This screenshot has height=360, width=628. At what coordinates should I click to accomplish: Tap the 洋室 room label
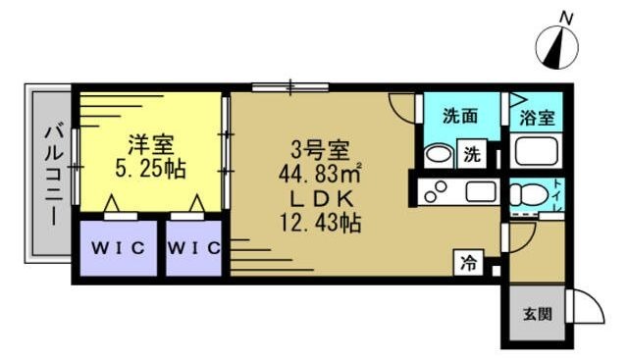[x=149, y=142]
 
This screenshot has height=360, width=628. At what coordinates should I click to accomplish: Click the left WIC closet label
[x=119, y=248]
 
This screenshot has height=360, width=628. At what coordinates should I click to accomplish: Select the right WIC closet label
[x=193, y=248]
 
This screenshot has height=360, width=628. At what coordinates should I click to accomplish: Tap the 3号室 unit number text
[x=320, y=150]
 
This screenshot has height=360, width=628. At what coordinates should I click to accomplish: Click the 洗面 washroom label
[x=460, y=115]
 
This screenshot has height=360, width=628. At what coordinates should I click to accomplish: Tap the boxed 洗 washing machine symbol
[x=473, y=153]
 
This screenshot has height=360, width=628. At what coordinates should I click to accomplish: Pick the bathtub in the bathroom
[x=536, y=152]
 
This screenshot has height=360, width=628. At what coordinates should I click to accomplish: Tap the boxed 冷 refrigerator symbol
[x=469, y=263]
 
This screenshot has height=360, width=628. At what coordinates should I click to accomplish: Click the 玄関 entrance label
[x=536, y=315]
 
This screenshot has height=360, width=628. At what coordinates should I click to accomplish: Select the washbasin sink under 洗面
[x=440, y=154]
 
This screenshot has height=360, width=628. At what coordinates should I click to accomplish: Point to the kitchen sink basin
[x=480, y=192]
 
